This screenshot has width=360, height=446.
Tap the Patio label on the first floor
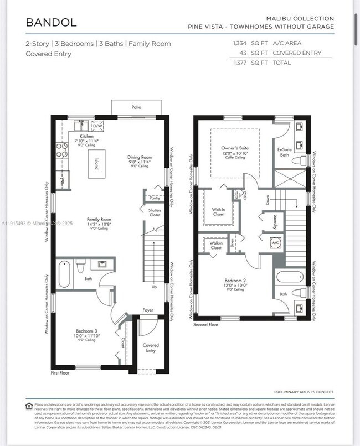pos(136,107)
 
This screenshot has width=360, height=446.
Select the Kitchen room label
pos(86,136)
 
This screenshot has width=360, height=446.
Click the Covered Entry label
pos(150,348)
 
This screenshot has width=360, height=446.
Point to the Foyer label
pos(147,310)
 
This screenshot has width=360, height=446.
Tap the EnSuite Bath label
pos(284,152)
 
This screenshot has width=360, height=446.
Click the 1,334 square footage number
pos(240,43)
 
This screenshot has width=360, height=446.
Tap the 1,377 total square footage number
pos(240,63)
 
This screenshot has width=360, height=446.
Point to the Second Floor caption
pos(205,325)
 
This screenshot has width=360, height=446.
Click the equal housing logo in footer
pos(29,406)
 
